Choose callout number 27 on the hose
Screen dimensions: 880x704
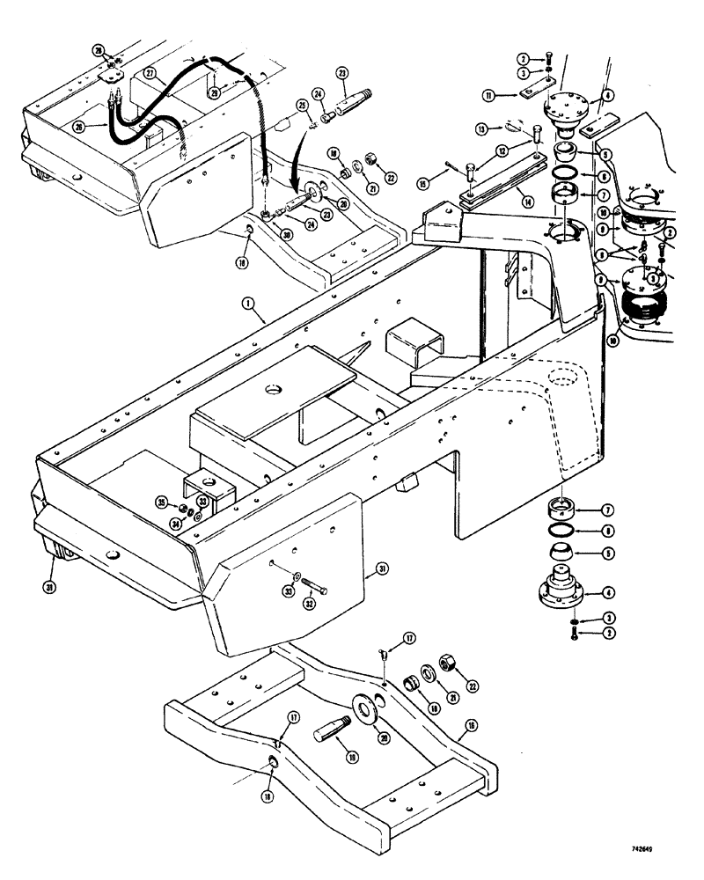tap(150, 77)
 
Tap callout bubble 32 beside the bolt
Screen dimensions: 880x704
tap(308, 605)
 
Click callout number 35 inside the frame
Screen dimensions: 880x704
tap(161, 502)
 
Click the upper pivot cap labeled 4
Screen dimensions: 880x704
tap(573, 112)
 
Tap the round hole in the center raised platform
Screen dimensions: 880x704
tap(268, 388)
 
